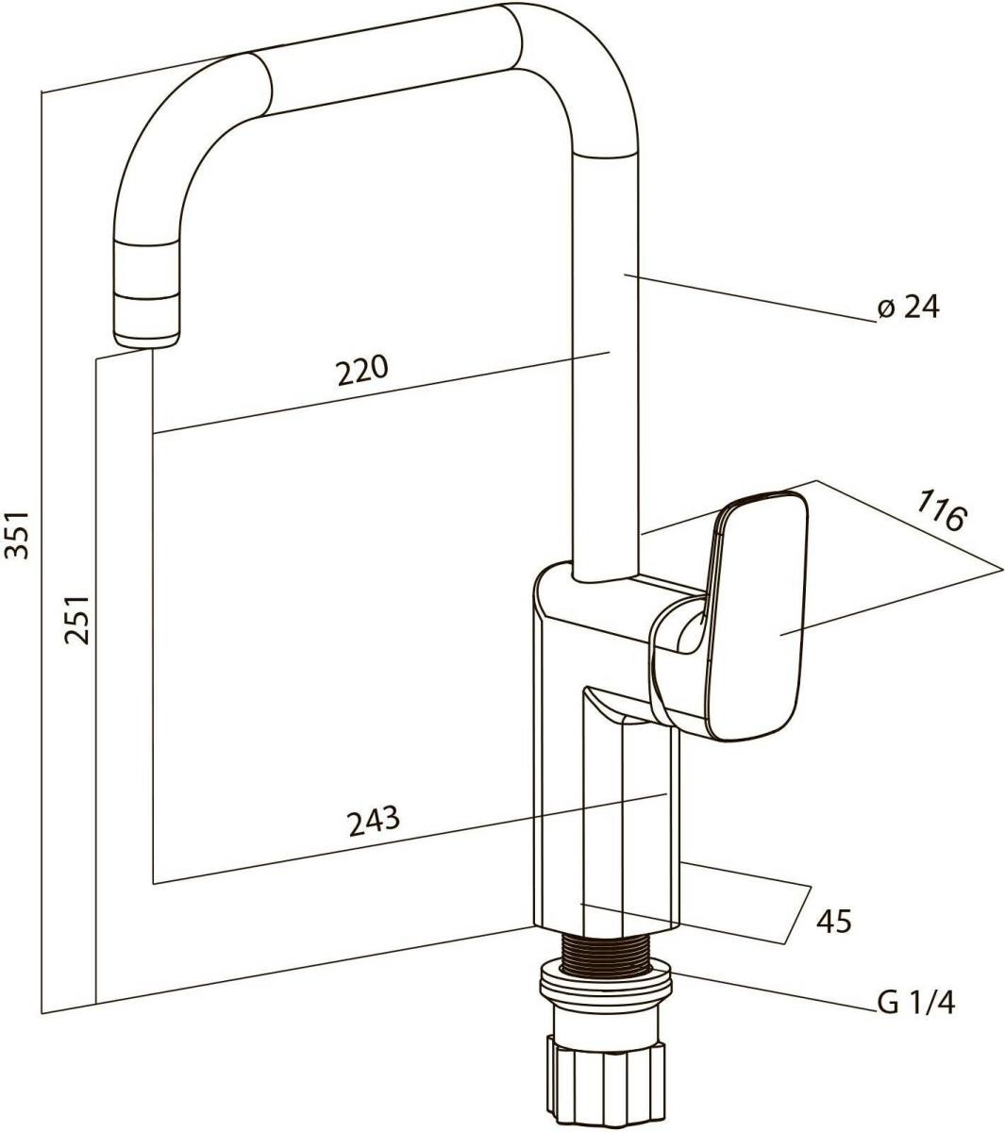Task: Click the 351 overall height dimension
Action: click(x=17, y=534)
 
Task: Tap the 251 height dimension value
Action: click(x=76, y=620)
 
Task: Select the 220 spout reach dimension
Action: click(x=362, y=370)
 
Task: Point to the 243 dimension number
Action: click(x=374, y=822)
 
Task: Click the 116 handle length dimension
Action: click(x=941, y=510)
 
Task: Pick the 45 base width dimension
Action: click(x=834, y=921)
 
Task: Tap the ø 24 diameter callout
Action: click(x=909, y=307)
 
